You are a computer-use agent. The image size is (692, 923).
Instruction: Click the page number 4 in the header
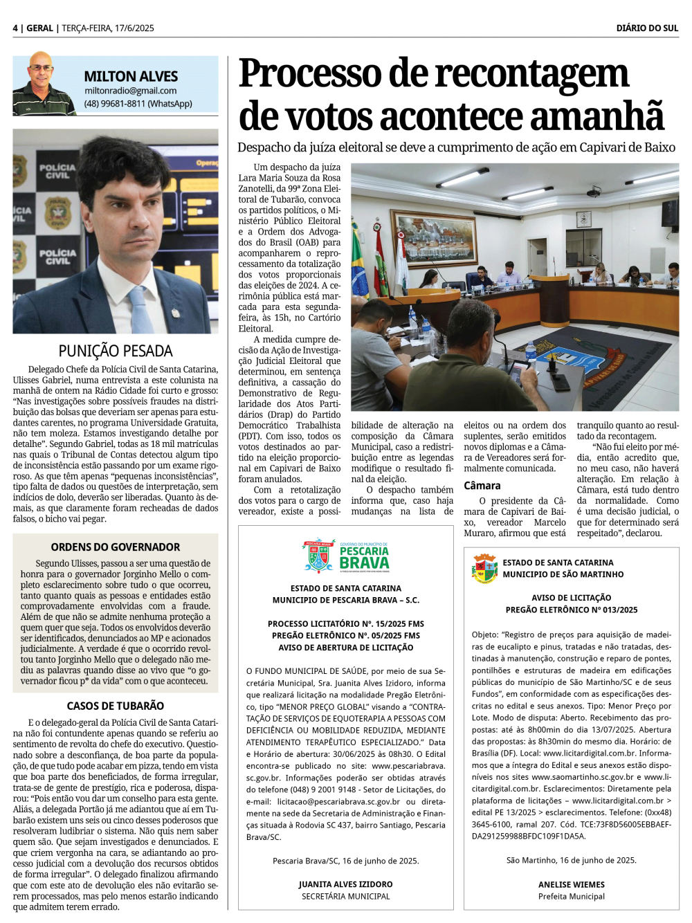click(x=15, y=28)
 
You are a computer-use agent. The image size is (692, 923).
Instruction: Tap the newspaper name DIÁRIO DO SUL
click(x=647, y=28)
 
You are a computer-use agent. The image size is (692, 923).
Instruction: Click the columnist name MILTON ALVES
click(x=131, y=76)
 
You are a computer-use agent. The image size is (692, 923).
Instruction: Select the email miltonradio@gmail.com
click(x=130, y=91)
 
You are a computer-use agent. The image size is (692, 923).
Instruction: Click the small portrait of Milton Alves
click(x=43, y=84)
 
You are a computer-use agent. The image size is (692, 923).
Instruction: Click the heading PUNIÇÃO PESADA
click(x=116, y=351)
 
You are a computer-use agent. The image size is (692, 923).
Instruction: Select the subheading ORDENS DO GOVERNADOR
click(x=116, y=547)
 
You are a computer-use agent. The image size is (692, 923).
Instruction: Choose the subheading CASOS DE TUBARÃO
click(x=116, y=706)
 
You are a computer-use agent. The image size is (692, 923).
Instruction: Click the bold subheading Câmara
click(x=482, y=486)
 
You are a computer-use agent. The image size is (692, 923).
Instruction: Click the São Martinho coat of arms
click(x=484, y=568)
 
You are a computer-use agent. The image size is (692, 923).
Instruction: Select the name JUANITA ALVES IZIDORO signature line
click(x=345, y=884)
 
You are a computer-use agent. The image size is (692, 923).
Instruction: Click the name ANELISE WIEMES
click(x=571, y=884)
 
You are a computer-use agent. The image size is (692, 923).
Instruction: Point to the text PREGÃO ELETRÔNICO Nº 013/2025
click(x=571, y=610)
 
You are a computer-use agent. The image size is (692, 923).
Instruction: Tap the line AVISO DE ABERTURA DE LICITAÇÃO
click(x=345, y=648)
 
